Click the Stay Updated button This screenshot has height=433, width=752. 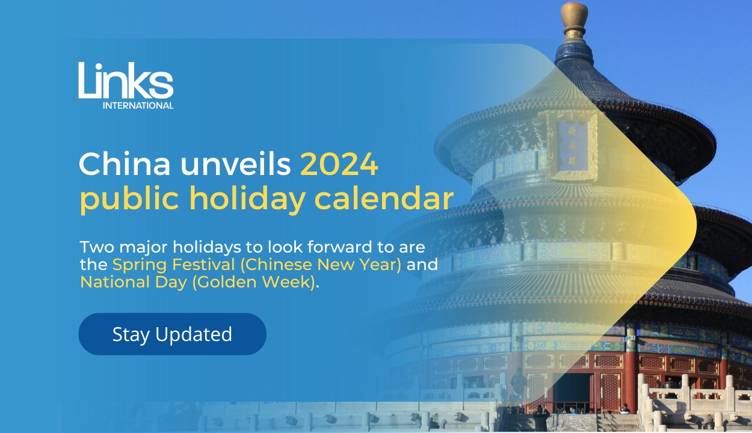click(x=172, y=334)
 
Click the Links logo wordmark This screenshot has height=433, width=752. click(x=126, y=80)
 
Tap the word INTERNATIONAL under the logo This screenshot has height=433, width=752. click(x=138, y=105)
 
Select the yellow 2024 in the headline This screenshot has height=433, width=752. click(x=339, y=164)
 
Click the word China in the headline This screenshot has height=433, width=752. click(x=125, y=164)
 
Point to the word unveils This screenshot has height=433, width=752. click(x=235, y=164)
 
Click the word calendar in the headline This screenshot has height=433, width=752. click(x=384, y=198)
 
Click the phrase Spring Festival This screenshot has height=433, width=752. click(x=174, y=264)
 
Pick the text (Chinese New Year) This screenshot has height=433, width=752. click(x=321, y=265)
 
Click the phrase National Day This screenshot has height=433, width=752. click(x=134, y=282)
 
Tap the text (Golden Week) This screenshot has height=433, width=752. click(x=254, y=282)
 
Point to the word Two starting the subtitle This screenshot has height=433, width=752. click(x=97, y=247)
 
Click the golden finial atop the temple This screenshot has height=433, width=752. click(x=574, y=20)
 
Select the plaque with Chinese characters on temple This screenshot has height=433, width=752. click(x=573, y=146)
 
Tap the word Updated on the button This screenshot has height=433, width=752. click(x=194, y=334)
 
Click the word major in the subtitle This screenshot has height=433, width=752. click(x=143, y=248)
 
